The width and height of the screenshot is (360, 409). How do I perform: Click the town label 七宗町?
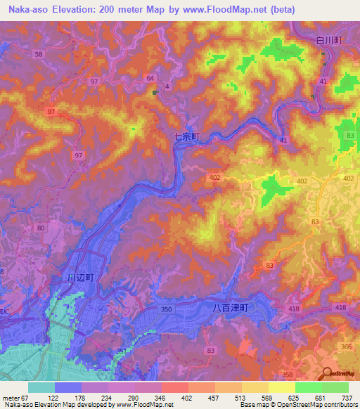(187, 138)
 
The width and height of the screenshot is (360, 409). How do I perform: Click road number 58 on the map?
(38, 54)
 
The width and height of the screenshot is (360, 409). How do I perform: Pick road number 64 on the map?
(150, 77)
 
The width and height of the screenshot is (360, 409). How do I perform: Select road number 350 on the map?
(166, 309)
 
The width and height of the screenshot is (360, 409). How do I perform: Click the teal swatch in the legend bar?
(41, 387)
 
